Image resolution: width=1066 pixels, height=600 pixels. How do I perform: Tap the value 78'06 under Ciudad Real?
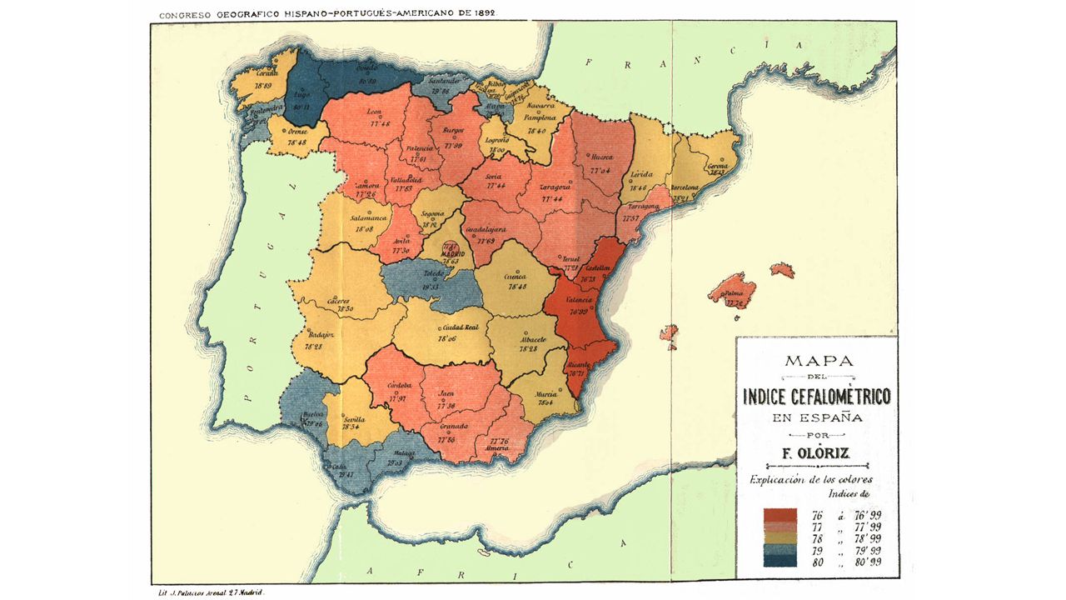click(x=447, y=339)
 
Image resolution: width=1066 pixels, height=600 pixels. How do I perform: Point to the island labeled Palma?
click(x=733, y=293)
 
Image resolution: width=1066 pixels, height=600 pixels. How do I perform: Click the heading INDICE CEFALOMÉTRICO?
click(x=816, y=396)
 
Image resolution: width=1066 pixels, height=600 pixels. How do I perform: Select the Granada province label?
click(x=454, y=427)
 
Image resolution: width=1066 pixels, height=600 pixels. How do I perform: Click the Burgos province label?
click(x=454, y=131)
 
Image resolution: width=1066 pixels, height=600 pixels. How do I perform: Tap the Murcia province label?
click(x=545, y=392)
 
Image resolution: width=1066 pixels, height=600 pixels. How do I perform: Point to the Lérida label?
click(x=640, y=174)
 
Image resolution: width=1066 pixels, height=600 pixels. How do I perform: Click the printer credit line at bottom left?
click(x=212, y=592)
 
